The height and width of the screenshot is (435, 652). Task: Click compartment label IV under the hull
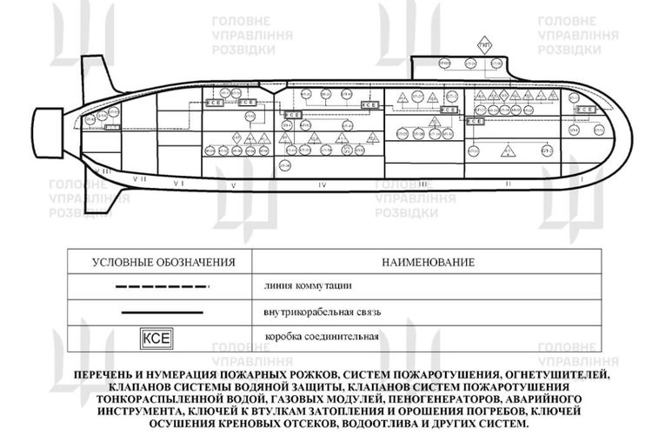[323, 184]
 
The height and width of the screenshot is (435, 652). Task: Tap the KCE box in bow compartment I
[588, 110]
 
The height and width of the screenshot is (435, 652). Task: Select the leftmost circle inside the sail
[443, 63]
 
